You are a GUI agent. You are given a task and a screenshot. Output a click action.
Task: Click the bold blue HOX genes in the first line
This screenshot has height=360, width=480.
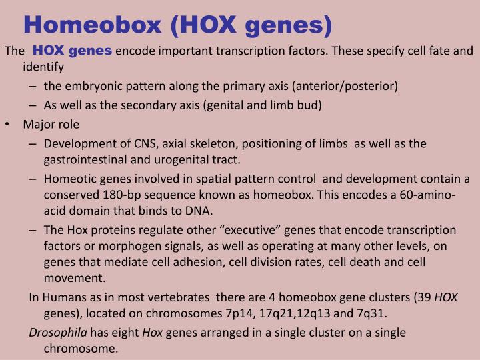(73, 51)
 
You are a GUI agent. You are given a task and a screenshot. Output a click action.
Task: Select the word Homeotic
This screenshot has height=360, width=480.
(69, 179)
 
